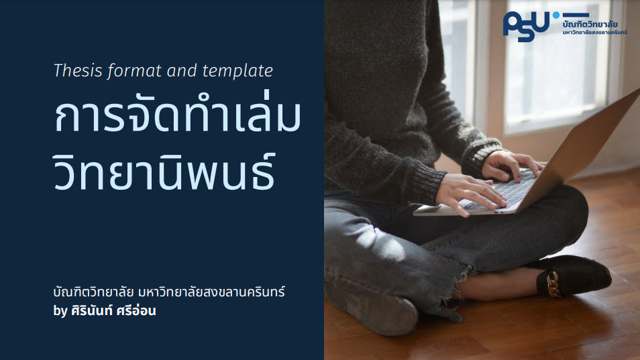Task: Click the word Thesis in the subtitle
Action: click(78, 70)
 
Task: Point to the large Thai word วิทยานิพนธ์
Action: click(164, 171)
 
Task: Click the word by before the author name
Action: click(60, 311)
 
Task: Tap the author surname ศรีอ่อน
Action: click(136, 310)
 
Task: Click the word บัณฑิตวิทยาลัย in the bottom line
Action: click(93, 292)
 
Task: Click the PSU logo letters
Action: click(526, 26)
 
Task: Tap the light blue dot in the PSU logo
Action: click(556, 15)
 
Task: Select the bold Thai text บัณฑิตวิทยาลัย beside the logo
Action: click(590, 23)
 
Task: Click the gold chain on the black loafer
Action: click(553, 284)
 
